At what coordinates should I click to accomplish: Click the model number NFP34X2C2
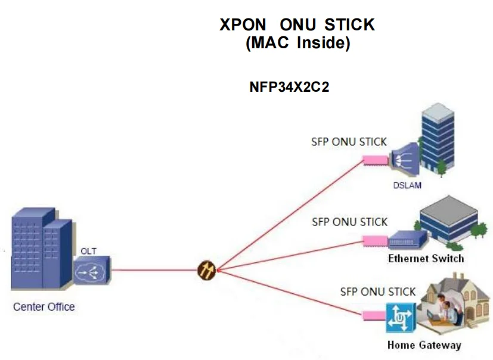pyautogui.click(x=289, y=87)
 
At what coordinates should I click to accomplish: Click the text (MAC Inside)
pyautogui.click(x=297, y=44)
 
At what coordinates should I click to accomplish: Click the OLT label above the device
pyautogui.click(x=88, y=251)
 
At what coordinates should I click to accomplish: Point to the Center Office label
pyautogui.click(x=44, y=307)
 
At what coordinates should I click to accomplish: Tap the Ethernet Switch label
pyautogui.click(x=426, y=259)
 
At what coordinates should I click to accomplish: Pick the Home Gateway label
pyautogui.click(x=424, y=345)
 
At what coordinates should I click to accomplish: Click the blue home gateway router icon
pyautogui.click(x=399, y=318)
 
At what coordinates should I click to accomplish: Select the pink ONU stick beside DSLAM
pyautogui.click(x=376, y=159)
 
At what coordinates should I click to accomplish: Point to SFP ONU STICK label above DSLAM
pyautogui.click(x=349, y=142)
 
